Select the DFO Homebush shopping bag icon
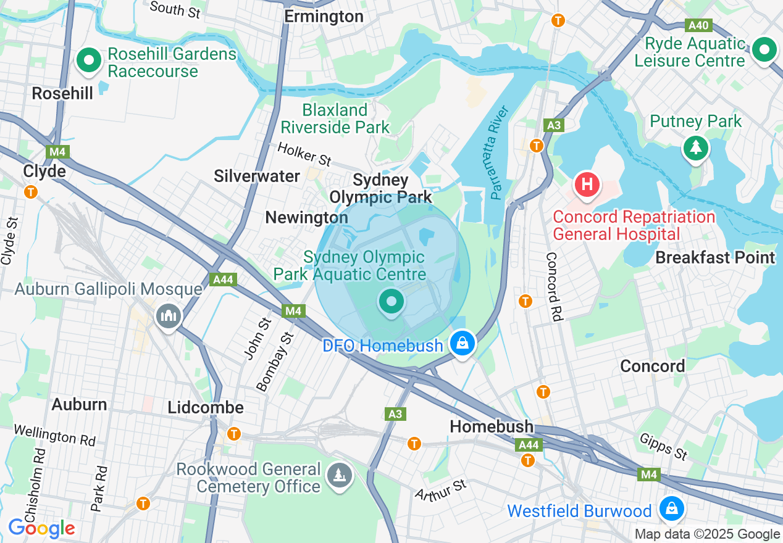pyautogui.click(x=463, y=342)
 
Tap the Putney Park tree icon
pyautogui.click(x=696, y=147)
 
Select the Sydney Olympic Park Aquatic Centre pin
pyautogui.click(x=391, y=302)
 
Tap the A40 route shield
pyautogui.click(x=699, y=26)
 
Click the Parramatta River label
pyautogui.click(x=499, y=152)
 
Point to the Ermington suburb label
pyautogui.click(x=324, y=17)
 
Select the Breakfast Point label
pyautogui.click(x=715, y=257)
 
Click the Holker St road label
pyautogui.click(x=304, y=154)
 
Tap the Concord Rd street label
pyautogui.click(x=554, y=286)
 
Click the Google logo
pyautogui.click(x=41, y=528)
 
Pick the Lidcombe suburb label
pyautogui.click(x=206, y=408)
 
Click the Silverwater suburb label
pyautogui.click(x=257, y=176)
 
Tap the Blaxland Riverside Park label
pyautogui.click(x=335, y=118)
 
